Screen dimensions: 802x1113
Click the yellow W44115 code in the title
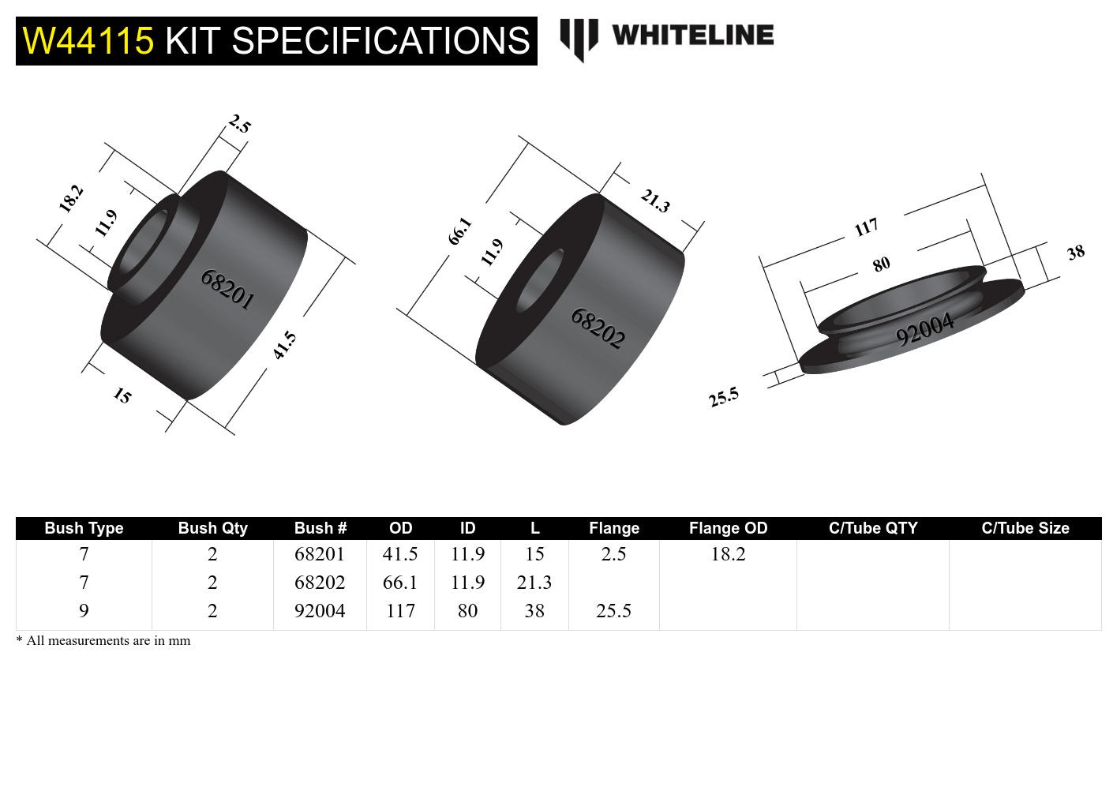pos(88,41)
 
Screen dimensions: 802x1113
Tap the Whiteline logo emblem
pos(579,38)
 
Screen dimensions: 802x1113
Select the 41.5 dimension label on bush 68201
pos(284,346)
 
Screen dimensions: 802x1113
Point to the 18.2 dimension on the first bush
pos(71,198)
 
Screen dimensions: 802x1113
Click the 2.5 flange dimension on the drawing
pos(240,124)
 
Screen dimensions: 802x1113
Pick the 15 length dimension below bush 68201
pos(122,395)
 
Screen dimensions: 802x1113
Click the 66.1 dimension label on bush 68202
pos(460,230)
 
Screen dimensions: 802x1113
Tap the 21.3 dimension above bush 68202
pos(655,200)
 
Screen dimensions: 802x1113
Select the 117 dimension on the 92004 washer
pos(866,227)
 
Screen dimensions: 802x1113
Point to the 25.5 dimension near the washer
pos(723,397)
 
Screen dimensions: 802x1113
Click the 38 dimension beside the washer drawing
pos(1076,253)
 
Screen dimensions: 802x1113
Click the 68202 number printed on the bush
pos(598,328)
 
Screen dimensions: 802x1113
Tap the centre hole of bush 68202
pos(540,279)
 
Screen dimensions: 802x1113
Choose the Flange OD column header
pos(728,528)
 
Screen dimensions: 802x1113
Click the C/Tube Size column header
pos(1025,528)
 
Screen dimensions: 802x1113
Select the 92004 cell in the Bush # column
pos(320,611)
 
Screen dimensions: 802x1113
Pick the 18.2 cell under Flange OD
pos(728,554)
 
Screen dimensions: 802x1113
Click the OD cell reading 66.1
pos(400,583)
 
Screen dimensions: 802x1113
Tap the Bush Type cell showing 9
pos(84,611)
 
